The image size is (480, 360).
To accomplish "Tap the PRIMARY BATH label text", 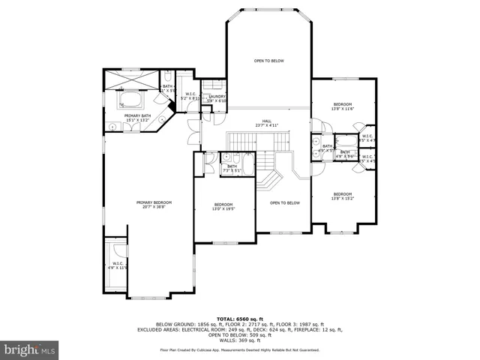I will coord(137,117).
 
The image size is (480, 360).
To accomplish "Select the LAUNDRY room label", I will coord(217,97).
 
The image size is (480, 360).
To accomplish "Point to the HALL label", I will coord(266,123).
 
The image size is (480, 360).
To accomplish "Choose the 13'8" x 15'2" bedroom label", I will coord(342,196).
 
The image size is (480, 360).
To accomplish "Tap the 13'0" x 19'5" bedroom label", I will coord(223,207).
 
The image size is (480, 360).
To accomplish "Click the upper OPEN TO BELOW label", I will coord(268,61).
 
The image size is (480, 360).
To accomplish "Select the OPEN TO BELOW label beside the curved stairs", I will coord(285,202).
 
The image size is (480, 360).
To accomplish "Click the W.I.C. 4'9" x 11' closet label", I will coord(118,265).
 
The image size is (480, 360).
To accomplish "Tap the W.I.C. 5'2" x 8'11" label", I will coord(189,96).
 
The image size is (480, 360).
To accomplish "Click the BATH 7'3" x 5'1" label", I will coord(232,168).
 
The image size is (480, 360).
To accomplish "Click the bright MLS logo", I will coord(30,349).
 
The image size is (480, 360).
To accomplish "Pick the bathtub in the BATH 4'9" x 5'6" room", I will coord(347,140).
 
